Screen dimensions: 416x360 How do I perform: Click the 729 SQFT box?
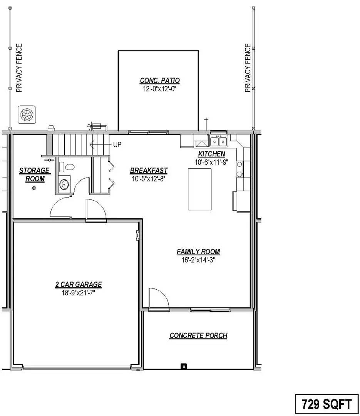(x=327, y=404)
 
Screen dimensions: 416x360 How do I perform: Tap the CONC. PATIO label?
(x=160, y=81)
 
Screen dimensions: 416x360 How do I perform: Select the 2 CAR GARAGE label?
(x=79, y=285)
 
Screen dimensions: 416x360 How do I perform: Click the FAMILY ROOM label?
(x=198, y=252)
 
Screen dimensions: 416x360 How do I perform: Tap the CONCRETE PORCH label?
(x=198, y=335)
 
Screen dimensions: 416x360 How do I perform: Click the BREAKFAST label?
(x=149, y=170)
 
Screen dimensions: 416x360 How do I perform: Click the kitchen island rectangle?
(x=199, y=189)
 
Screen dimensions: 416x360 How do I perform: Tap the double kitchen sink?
(x=219, y=141)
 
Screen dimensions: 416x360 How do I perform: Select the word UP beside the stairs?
(x=117, y=144)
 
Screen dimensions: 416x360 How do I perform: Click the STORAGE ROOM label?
(x=35, y=174)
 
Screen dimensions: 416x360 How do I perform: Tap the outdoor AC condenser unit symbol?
(x=27, y=115)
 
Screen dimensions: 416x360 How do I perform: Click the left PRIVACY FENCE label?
(x=19, y=68)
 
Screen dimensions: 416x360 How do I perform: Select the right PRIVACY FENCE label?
(x=248, y=68)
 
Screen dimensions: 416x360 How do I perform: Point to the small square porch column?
(x=184, y=366)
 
